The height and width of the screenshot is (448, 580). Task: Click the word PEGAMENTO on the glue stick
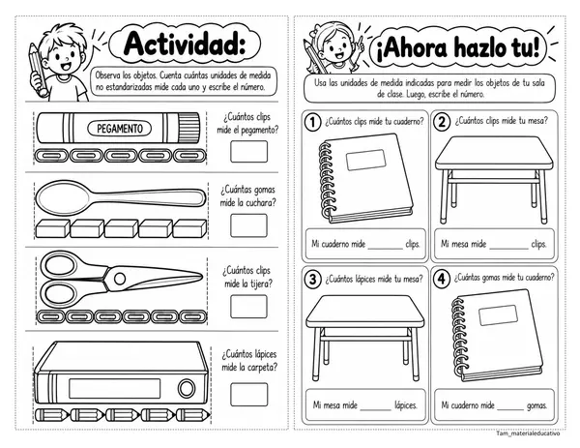[120, 129]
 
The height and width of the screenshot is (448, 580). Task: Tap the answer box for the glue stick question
[248, 152]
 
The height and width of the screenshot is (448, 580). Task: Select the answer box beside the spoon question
[248, 225]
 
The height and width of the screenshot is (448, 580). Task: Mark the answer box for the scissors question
[248, 307]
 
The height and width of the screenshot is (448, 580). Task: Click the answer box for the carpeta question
[248, 395]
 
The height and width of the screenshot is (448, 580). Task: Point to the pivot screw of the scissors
[120, 279]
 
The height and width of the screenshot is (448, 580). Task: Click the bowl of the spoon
[63, 197]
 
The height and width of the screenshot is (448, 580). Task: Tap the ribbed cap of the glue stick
[188, 128]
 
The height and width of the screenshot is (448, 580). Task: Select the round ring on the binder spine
[187, 388]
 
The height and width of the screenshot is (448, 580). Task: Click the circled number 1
[313, 122]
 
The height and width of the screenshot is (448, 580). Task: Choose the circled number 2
[442, 122]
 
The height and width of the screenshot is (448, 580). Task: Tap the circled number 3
[313, 279]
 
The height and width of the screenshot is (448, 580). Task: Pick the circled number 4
[442, 279]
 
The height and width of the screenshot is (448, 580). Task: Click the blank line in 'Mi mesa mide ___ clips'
[509, 249]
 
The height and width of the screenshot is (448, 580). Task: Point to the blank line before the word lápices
[375, 410]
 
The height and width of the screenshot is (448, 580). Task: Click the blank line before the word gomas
[510, 410]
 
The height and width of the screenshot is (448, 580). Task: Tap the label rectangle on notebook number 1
[365, 160]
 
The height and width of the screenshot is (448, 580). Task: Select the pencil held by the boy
[38, 70]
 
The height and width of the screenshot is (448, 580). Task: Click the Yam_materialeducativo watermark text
[528, 433]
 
